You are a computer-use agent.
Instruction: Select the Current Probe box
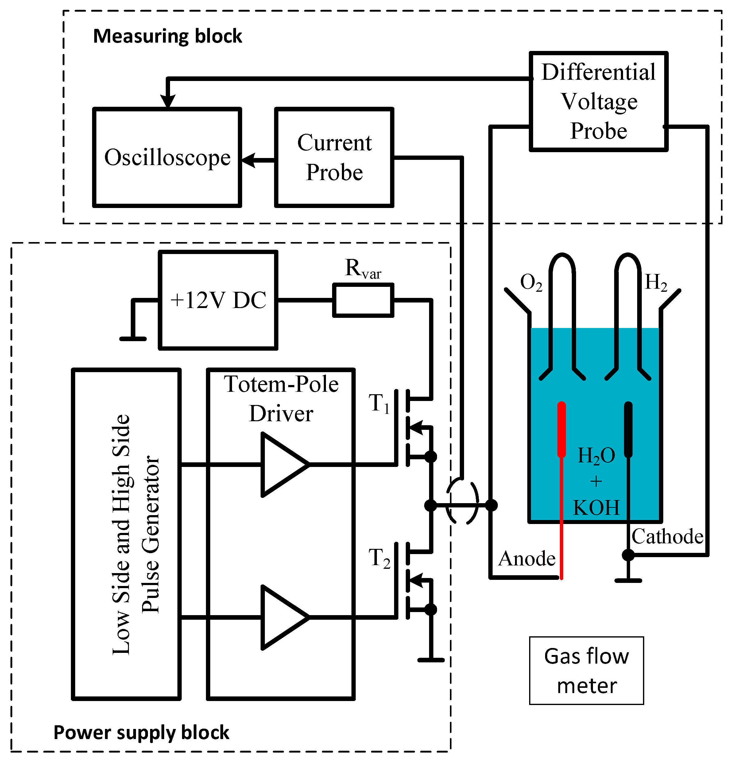[334, 157]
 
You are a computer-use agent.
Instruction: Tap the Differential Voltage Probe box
[598, 101]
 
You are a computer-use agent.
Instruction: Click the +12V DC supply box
[218, 300]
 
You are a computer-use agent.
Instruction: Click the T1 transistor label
[379, 403]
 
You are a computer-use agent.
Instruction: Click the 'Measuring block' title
[168, 36]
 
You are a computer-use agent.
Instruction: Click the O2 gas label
[531, 282]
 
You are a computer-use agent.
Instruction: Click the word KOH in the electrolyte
[596, 508]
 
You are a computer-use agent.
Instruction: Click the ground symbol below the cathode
[628, 580]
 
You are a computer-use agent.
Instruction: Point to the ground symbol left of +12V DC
[133, 339]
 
